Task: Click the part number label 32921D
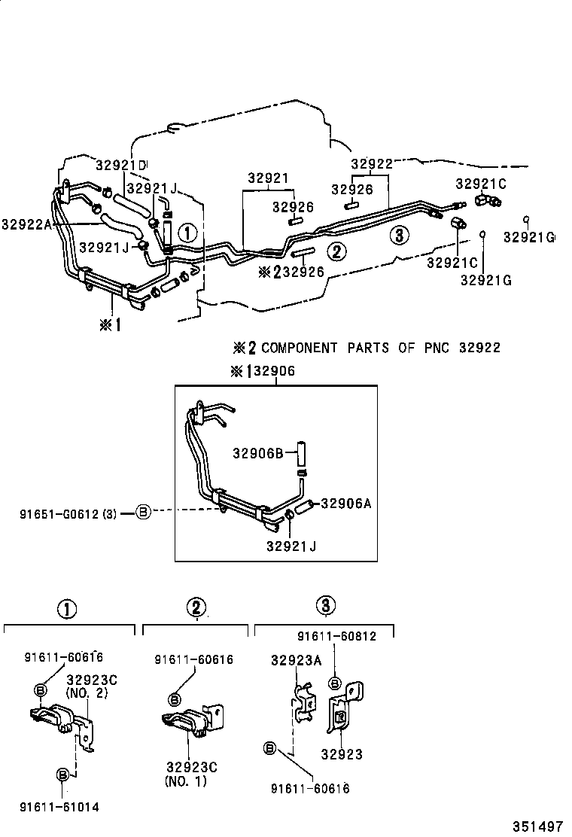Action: point(120,165)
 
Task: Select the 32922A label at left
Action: point(27,224)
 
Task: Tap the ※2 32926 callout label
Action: point(291,271)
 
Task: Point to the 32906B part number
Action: point(257,453)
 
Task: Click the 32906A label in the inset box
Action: point(346,504)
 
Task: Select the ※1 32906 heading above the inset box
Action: point(263,371)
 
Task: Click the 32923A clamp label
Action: point(297,660)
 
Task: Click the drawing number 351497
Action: point(537,826)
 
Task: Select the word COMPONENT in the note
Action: point(300,348)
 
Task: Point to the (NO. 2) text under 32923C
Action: point(87,693)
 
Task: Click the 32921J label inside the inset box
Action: point(291,546)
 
